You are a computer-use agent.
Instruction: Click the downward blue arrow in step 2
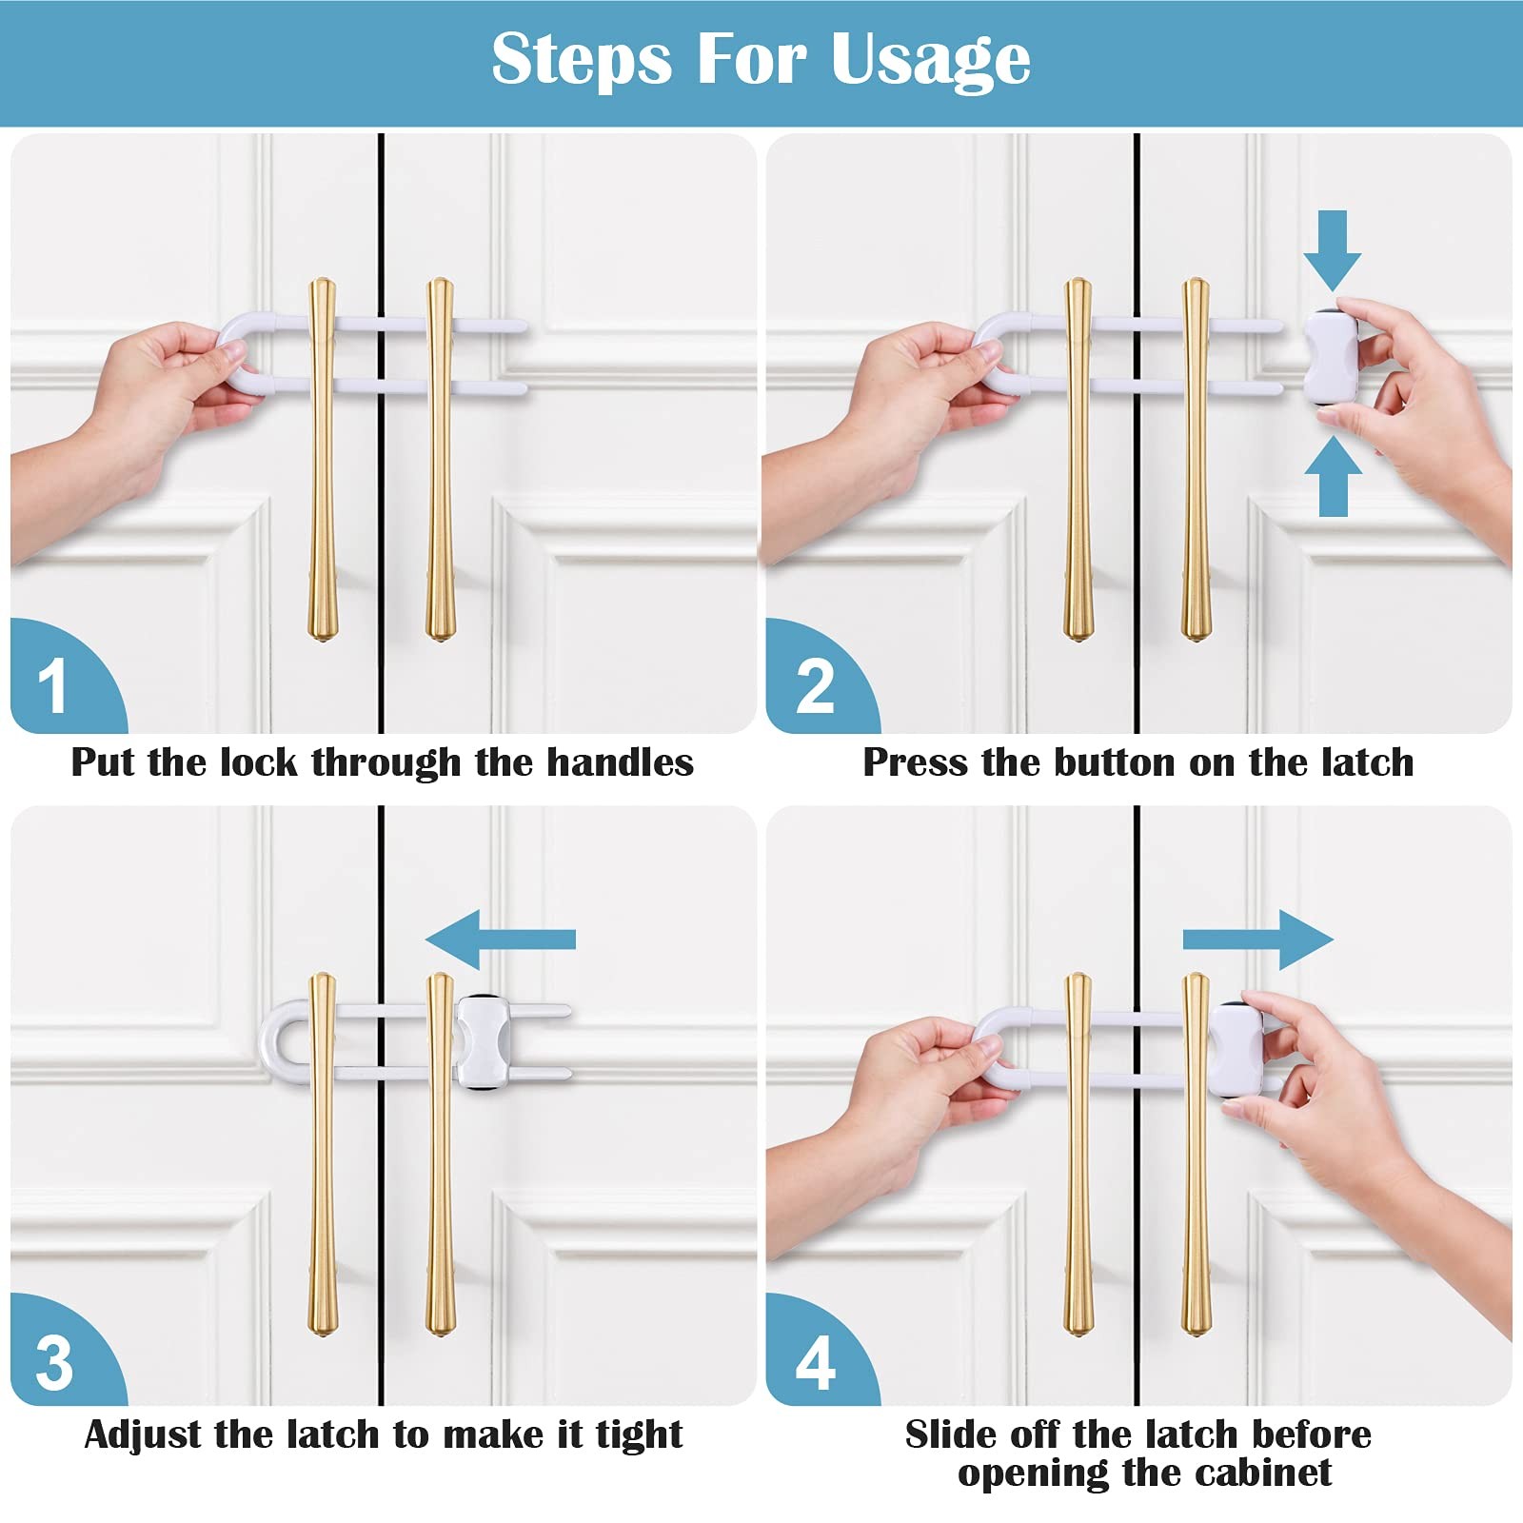[1333, 250]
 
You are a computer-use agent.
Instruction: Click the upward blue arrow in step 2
[1333, 476]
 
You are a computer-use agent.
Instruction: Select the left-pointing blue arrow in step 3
[501, 940]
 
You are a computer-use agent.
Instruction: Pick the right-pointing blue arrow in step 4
[1258, 940]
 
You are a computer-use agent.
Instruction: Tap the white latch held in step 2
[1331, 357]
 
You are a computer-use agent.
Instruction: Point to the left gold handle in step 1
[323, 460]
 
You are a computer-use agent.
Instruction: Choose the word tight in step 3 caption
[640, 1435]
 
